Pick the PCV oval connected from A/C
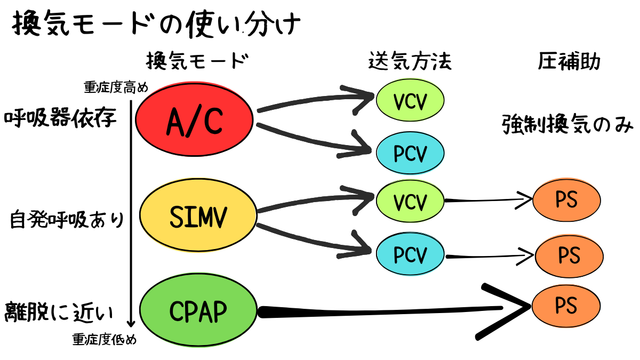tap(410, 153)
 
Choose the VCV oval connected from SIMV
tap(410, 202)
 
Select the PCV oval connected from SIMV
tap(410, 255)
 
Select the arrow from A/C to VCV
tap(315, 101)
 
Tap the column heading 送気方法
tap(410, 62)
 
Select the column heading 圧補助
tap(569, 62)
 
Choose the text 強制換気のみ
tap(567, 125)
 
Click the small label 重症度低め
tap(105, 340)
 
